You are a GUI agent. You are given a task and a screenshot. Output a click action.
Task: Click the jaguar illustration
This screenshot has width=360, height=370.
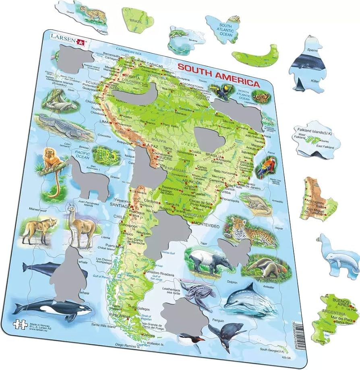(x=252, y=231)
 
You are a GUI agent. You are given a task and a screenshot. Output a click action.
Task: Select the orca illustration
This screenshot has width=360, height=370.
(x=52, y=309)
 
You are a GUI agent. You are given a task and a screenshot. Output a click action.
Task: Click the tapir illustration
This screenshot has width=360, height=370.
(x=209, y=260)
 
